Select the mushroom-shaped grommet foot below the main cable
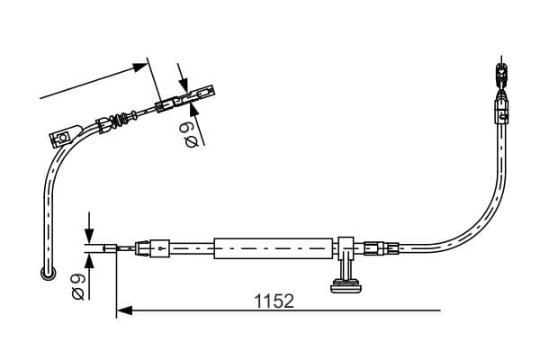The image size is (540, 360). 346,287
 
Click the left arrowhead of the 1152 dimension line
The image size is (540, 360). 124,310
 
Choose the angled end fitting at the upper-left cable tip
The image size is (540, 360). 200,93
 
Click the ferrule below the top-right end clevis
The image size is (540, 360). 500,112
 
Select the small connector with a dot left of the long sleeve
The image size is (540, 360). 159,247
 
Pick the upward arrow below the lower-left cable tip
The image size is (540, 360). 89,262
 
